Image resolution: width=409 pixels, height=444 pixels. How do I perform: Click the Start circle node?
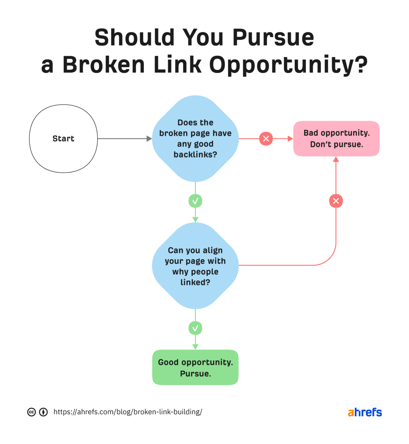[x=63, y=139]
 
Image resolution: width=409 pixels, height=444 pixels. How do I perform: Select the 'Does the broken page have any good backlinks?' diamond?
[x=195, y=138]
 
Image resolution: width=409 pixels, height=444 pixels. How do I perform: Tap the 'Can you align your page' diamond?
[x=195, y=266]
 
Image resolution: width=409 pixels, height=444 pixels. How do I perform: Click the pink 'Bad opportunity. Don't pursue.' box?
[x=336, y=139]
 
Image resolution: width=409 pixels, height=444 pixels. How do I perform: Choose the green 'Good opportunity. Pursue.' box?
[x=195, y=367]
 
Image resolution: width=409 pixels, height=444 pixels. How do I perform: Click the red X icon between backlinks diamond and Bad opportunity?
[x=266, y=139]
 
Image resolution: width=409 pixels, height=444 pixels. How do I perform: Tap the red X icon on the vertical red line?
[x=336, y=201]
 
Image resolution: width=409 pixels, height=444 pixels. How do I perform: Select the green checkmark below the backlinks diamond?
[x=195, y=201]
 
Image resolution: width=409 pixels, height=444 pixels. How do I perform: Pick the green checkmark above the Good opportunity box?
[x=195, y=328]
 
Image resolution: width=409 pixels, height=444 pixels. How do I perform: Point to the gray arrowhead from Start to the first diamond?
[x=149, y=139]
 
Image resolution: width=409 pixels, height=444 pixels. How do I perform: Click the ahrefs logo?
[x=364, y=412]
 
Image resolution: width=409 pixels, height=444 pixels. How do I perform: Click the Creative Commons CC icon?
[x=32, y=412]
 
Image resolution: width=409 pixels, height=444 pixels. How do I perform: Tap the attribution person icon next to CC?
[x=43, y=412]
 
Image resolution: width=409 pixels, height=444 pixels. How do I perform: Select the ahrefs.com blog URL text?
[x=128, y=412]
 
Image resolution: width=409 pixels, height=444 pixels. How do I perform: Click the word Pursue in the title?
[x=273, y=38]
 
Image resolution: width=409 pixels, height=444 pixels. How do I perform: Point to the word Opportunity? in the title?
[x=288, y=65]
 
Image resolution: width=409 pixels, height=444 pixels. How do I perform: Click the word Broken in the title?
[x=104, y=65]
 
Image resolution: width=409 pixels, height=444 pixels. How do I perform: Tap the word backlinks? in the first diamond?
[x=195, y=155]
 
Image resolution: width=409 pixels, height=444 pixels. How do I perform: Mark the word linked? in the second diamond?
[x=195, y=282]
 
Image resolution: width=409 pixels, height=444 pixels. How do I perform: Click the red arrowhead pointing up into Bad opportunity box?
[x=336, y=159]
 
